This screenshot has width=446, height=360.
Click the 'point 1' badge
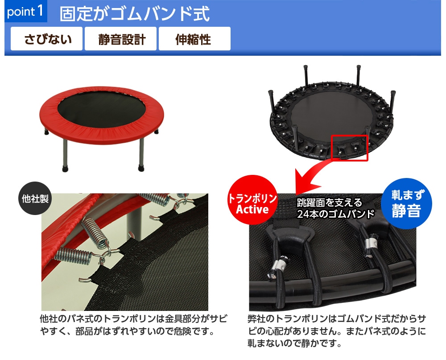tap(25, 12)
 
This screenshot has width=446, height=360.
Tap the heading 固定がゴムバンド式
tap(135, 13)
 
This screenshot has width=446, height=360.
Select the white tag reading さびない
tap(47, 39)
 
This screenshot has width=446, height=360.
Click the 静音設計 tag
tap(120, 39)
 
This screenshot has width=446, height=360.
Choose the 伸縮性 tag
tap(194, 39)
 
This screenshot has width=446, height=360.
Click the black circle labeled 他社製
tap(35, 199)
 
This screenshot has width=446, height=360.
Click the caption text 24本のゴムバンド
tap(336, 214)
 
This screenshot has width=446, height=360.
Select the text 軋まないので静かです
tap(294, 343)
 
